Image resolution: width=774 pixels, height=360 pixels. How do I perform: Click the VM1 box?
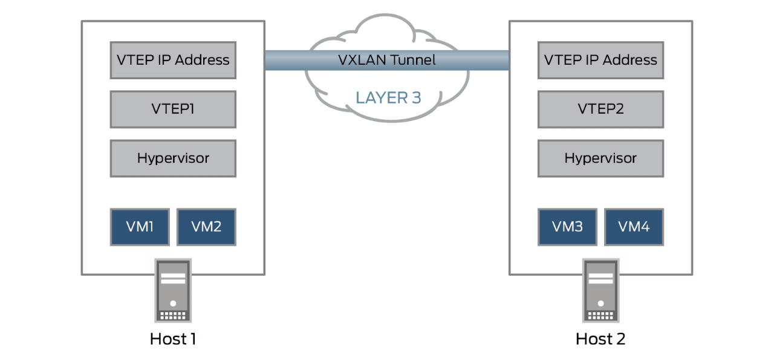point(140,227)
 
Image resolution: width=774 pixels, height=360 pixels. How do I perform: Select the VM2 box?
point(206,227)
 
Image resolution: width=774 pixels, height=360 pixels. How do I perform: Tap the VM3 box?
point(567,227)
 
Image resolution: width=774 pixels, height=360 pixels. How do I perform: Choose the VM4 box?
point(634,227)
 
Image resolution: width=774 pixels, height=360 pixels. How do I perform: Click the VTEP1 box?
point(173,110)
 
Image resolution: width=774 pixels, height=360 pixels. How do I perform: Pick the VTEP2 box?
point(600,110)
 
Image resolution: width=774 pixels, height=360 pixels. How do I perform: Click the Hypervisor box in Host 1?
point(173,159)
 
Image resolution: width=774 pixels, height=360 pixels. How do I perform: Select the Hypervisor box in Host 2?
point(600,159)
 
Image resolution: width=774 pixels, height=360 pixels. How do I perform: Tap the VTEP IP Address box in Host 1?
point(173,60)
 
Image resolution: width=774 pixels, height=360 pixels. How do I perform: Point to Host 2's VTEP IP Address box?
point(600,60)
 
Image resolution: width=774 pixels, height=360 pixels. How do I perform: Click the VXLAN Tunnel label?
point(386,60)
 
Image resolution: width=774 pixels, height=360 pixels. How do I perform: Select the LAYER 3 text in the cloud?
point(388,97)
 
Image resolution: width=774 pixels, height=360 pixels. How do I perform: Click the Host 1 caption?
point(173,339)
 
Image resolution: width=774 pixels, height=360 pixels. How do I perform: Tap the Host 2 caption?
point(600,339)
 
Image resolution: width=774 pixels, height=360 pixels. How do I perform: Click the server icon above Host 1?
point(173,291)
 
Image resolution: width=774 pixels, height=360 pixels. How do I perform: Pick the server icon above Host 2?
point(600,291)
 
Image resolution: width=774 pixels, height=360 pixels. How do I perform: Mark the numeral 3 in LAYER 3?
point(415,97)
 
